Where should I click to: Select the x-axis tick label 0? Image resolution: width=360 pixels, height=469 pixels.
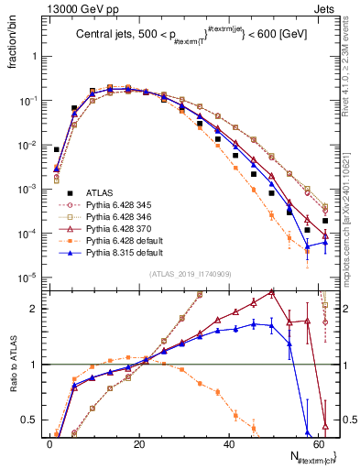49,443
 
